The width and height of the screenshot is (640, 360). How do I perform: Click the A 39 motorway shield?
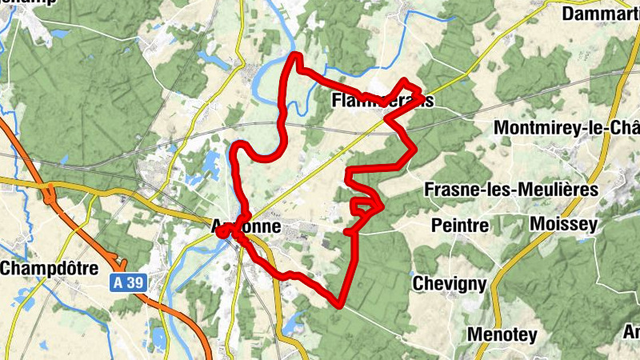(x=123, y=282)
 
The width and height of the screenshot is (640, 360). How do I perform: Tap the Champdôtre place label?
(x=49, y=267)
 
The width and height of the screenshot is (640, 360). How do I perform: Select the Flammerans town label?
(x=382, y=101)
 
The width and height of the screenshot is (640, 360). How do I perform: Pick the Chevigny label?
(x=450, y=282)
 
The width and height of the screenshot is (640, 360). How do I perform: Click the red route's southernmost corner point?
(x=340, y=304)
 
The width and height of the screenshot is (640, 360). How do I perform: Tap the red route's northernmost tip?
(x=295, y=55)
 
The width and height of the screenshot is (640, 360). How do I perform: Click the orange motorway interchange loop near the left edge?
(x=50, y=192)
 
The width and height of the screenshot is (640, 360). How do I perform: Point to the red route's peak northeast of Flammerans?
(x=406, y=81)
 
